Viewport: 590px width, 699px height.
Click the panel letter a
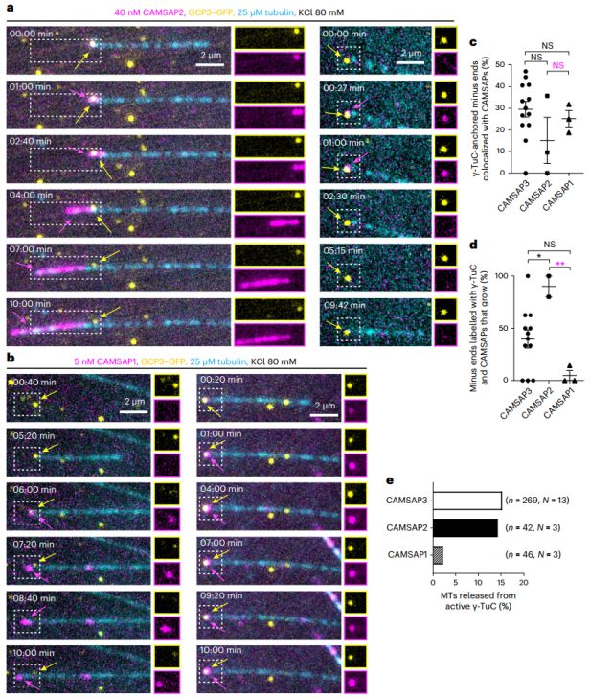[7, 7]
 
